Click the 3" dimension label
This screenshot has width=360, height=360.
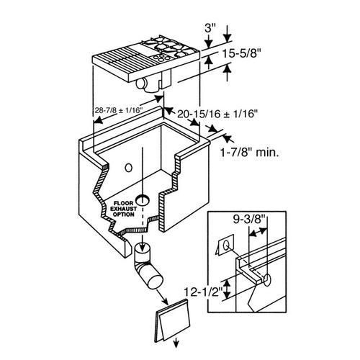[x=210, y=28]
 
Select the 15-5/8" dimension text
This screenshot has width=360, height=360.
[x=241, y=54]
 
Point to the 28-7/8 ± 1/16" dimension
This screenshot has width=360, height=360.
[x=119, y=110]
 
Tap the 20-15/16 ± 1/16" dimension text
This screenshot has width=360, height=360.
[x=217, y=114]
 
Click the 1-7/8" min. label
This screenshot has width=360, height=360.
[x=250, y=152]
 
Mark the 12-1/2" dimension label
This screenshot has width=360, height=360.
[x=202, y=292]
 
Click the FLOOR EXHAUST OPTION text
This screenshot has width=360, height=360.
[x=123, y=209]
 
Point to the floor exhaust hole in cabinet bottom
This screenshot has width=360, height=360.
[x=143, y=200]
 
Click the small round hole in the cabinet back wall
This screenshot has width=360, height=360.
[x=129, y=168]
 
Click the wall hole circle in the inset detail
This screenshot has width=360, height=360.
[x=266, y=280]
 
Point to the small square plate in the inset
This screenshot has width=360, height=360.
[x=225, y=245]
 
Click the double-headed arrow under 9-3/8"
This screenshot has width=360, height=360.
[x=258, y=233]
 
